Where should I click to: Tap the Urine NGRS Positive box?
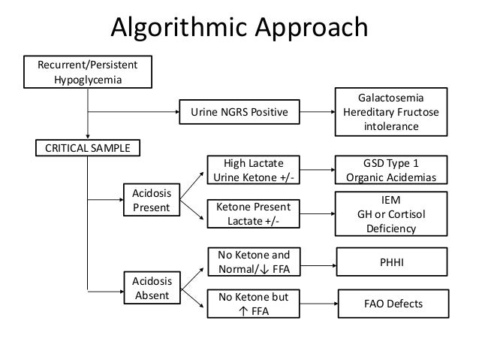pyautogui.click(x=238, y=113)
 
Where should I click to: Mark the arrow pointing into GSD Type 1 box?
pyautogui.click(x=316, y=170)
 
